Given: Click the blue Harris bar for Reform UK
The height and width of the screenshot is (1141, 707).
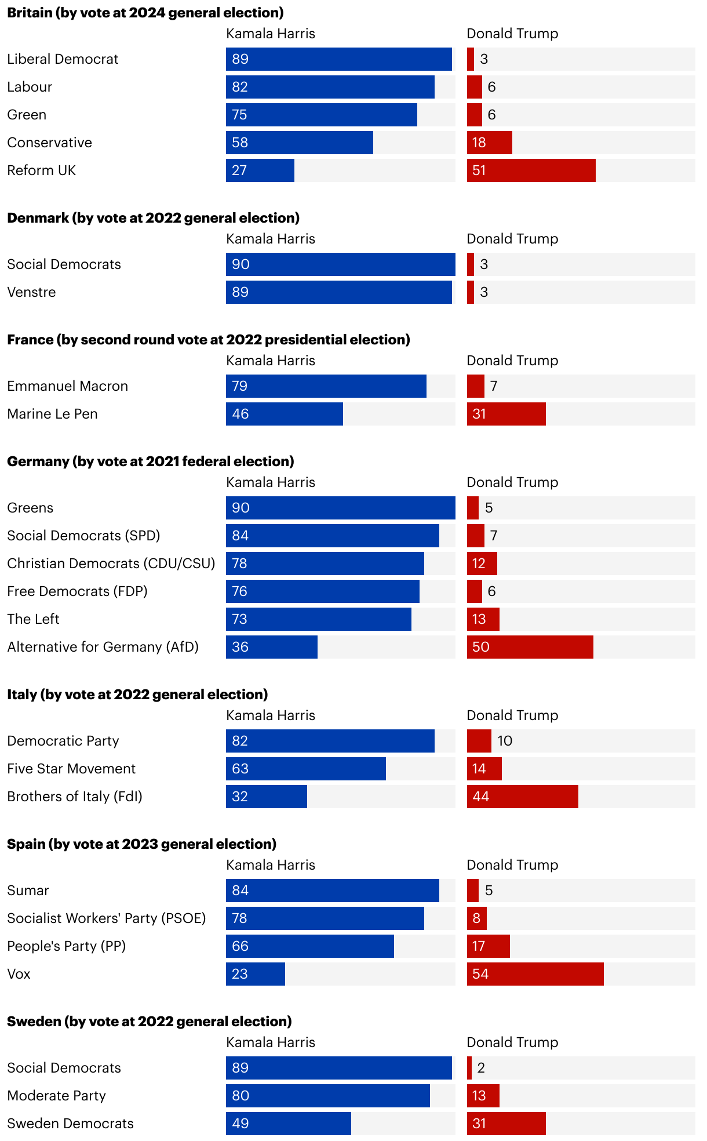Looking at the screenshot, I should click(260, 170).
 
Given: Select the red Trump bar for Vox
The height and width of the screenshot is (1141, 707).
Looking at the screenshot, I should click(535, 974).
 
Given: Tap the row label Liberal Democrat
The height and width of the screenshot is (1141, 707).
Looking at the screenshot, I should click(63, 59).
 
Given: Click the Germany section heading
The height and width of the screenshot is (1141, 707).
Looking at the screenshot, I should click(151, 462).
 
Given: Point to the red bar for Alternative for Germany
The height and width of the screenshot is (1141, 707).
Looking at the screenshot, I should click(530, 647).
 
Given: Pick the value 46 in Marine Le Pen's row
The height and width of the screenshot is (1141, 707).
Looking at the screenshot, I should click(240, 414).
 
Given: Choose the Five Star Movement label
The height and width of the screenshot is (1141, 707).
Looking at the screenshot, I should click(71, 769).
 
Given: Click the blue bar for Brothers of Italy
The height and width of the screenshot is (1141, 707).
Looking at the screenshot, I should click(267, 797).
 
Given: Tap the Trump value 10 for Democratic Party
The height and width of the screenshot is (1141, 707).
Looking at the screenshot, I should click(505, 741).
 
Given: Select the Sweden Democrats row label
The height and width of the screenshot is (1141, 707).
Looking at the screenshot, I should click(70, 1124).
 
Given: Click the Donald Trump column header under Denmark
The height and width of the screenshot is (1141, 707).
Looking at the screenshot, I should click(512, 239).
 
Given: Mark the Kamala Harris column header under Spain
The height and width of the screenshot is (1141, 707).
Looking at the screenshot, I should click(271, 865).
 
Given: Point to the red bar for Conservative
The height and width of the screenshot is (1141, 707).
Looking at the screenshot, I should click(490, 143).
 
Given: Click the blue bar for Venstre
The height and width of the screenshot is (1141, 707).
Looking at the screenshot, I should click(338, 292).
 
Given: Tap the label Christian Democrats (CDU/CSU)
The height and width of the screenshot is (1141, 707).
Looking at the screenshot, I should click(111, 564).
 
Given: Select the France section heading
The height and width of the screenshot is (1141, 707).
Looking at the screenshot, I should click(209, 340).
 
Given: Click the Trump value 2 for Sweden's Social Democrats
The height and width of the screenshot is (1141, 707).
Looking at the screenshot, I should click(481, 1068).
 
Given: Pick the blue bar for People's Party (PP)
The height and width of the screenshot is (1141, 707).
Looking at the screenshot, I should click(310, 946).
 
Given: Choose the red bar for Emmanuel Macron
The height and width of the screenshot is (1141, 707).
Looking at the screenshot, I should click(476, 386).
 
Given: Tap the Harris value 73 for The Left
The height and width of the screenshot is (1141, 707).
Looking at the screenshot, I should click(239, 619).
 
